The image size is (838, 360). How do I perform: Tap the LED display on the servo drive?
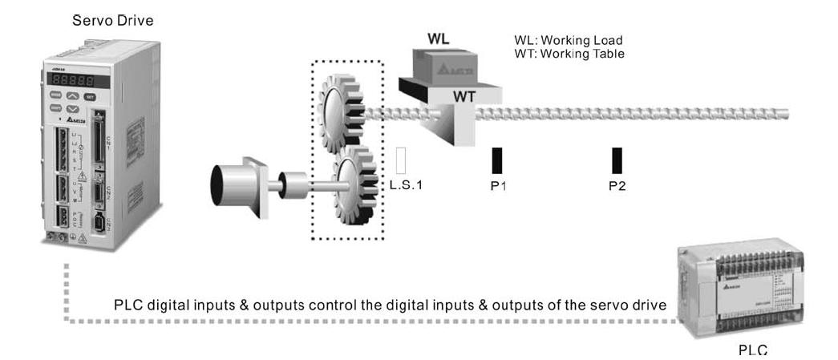click(68, 81)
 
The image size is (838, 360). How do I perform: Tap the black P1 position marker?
click(497, 160)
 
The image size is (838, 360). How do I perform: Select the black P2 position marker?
click(617, 160)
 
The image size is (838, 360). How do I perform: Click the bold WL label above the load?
click(439, 38)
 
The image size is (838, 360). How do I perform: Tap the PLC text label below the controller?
click(755, 350)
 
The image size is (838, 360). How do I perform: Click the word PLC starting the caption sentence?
click(128, 305)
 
